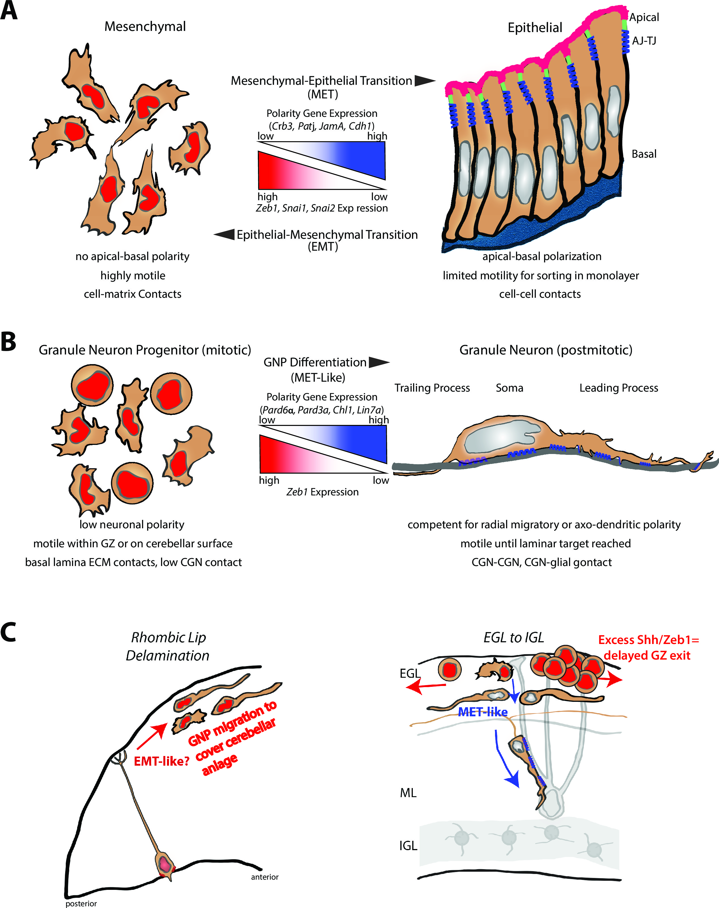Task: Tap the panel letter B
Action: click(9, 341)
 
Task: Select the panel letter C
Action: click(9, 633)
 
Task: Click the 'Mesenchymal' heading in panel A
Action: click(145, 27)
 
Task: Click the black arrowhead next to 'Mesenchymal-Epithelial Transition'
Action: click(424, 81)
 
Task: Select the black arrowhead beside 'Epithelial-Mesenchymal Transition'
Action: click(224, 235)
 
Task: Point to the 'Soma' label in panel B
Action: click(509, 388)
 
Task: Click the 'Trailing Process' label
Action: click(432, 388)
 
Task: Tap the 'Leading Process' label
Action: click(618, 388)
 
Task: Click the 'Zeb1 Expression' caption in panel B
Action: click(322, 492)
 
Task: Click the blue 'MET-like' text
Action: click(483, 712)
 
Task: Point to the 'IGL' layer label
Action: click(408, 846)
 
